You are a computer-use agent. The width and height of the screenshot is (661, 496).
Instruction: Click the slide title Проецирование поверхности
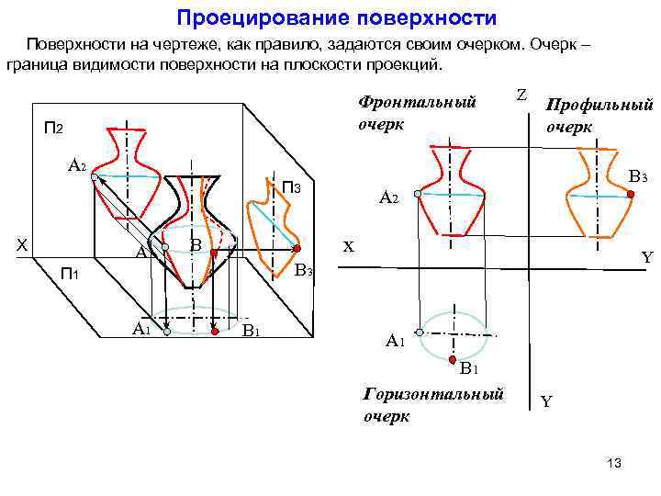pyautogui.click(x=336, y=17)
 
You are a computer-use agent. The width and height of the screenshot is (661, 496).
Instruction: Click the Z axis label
pyautogui.click(x=521, y=95)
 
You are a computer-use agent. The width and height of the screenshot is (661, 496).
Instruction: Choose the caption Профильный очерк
pyautogui.click(x=598, y=116)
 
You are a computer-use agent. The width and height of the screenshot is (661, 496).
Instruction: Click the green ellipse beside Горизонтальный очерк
pyautogui.click(x=455, y=333)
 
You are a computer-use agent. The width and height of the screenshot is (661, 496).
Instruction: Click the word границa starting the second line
pyautogui.click(x=34, y=66)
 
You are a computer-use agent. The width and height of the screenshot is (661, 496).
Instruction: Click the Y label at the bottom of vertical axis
pyautogui.click(x=547, y=401)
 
